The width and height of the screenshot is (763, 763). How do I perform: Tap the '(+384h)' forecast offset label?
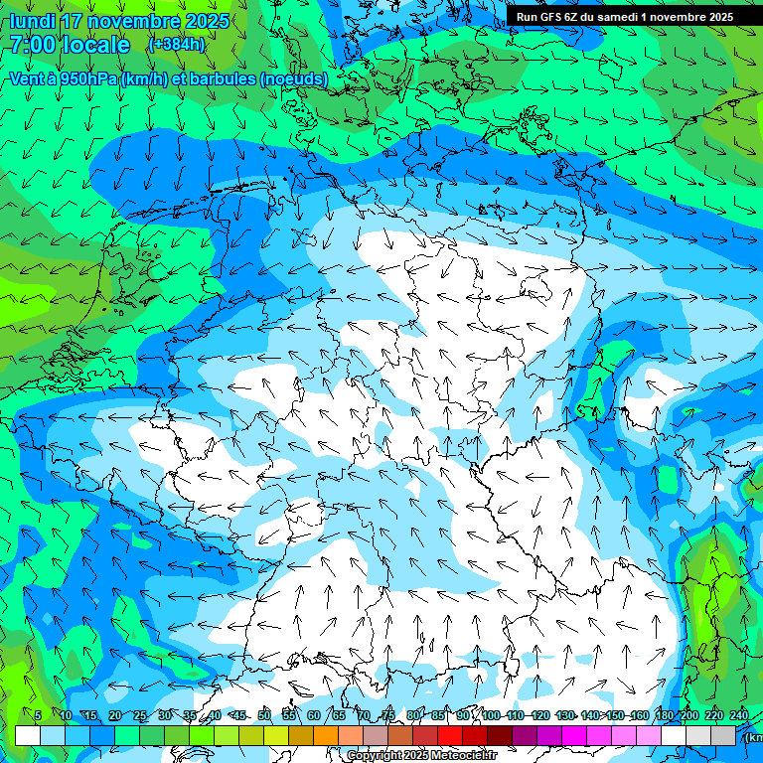pos(176,45)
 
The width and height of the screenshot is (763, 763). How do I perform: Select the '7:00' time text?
pos(32,46)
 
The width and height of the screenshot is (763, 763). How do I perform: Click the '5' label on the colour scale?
pos(38,715)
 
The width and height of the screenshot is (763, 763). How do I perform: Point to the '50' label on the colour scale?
pos(263,715)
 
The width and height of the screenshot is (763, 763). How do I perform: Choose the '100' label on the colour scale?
pos(491,715)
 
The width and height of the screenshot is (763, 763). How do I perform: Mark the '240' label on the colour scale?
pos(738,715)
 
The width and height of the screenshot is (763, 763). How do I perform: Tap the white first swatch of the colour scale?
pos(28,735)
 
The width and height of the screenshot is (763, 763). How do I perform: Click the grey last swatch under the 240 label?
pos(723,735)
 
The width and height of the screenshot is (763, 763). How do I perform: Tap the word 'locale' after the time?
pos(96,46)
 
